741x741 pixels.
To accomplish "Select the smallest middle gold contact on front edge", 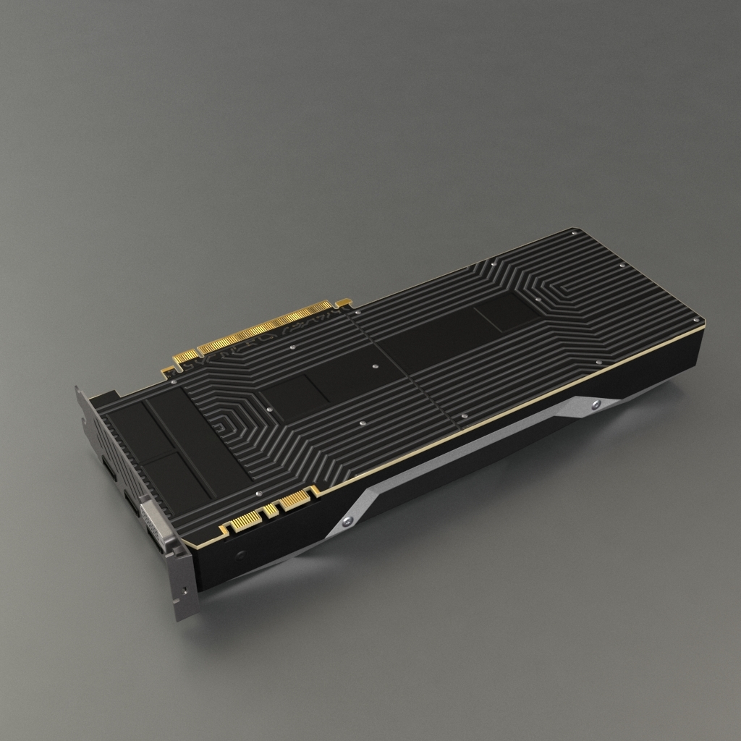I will pyautogui.click(x=271, y=511).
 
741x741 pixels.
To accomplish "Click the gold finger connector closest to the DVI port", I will pyautogui.click(x=246, y=520).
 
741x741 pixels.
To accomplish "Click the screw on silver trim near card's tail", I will pyautogui.click(x=594, y=405).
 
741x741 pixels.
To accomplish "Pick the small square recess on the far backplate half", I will pyautogui.click(x=506, y=311).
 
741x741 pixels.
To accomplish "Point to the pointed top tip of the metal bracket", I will pyautogui.click(x=77, y=389).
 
